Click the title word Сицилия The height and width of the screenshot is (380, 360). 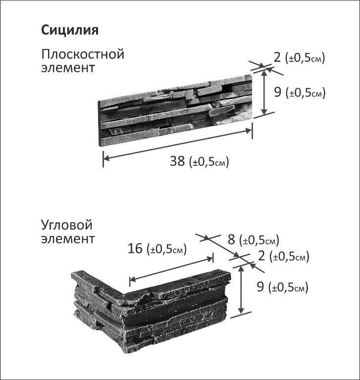(x=70, y=30)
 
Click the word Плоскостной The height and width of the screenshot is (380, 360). (x=83, y=54)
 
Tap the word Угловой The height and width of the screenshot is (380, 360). (x=67, y=226)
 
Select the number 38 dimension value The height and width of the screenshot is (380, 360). (x=177, y=161)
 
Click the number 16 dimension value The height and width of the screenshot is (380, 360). (x=135, y=248)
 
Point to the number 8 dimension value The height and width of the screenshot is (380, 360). (x=231, y=239)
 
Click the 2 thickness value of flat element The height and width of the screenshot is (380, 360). (x=277, y=57)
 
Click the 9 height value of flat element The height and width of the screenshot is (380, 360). (x=277, y=93)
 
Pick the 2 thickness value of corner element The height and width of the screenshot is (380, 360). (x=261, y=256)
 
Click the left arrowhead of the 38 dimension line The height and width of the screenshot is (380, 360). (x=106, y=158)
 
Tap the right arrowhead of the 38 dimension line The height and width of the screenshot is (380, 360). (x=249, y=131)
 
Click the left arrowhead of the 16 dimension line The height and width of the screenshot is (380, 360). (x=132, y=280)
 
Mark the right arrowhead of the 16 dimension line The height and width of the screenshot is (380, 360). (x=210, y=259)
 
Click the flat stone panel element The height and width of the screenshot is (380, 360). (x=175, y=110)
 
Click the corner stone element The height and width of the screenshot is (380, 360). (x=151, y=311)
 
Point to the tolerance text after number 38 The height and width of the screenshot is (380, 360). (x=208, y=162)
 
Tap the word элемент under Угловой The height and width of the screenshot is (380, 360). (x=68, y=238)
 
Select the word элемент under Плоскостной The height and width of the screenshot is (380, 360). (x=68, y=68)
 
